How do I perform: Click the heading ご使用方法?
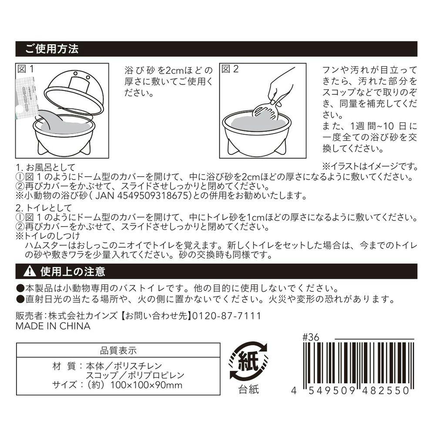coord(52,49)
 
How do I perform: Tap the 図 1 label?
coord(26,69)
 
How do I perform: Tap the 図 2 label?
coord(230,69)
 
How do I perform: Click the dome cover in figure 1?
coord(74,93)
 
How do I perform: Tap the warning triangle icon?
coord(30,271)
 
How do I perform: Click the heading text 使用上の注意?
coord(73,271)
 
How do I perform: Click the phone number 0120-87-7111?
coord(227,316)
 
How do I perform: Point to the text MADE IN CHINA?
coord(53,326)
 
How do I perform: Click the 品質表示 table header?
coord(118,350)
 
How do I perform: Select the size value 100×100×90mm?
coord(147,385)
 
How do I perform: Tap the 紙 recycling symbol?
coord(248,361)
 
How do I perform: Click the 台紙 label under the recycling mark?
coord(248,389)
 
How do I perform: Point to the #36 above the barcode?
coord(311,337)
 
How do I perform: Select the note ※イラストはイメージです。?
coord(370,167)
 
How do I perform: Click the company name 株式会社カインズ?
coord(83,316)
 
